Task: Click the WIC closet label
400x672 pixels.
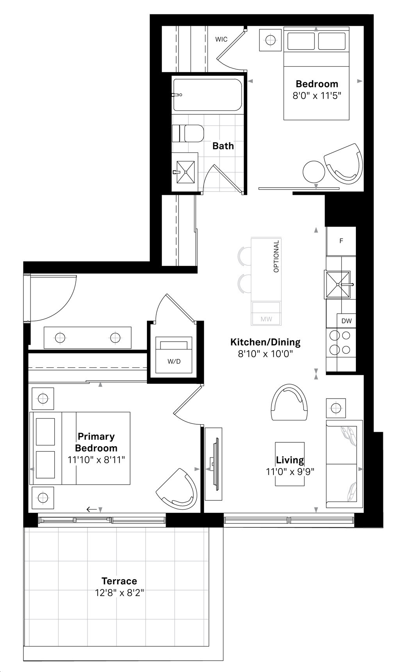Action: click(x=221, y=39)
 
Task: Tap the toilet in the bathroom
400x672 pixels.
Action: click(x=188, y=133)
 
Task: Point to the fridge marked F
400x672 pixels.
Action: click(x=341, y=241)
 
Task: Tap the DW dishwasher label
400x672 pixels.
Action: click(x=346, y=321)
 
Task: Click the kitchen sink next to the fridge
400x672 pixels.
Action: click(x=338, y=285)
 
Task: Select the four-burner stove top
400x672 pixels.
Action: click(x=340, y=343)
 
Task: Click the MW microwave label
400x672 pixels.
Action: click(x=266, y=319)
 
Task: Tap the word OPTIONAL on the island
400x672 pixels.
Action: click(x=276, y=256)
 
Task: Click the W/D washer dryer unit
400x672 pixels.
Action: click(x=174, y=355)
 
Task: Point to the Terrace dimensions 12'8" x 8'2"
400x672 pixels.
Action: click(x=120, y=593)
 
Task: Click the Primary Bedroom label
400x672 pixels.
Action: click(x=96, y=442)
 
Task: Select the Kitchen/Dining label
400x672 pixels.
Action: click(x=265, y=342)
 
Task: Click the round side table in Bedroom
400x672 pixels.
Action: click(x=314, y=171)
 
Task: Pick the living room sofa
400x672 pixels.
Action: click(x=344, y=464)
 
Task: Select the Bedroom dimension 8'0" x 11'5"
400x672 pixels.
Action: click(x=317, y=96)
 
